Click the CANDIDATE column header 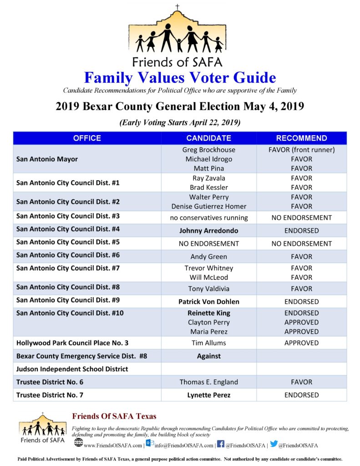208,138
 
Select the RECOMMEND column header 301,138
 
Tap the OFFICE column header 87,138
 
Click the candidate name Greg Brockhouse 208,150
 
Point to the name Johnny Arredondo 208,231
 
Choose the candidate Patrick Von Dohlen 208,302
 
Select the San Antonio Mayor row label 47,159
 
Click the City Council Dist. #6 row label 68,255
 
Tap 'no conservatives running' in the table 208,218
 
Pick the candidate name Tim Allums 208,343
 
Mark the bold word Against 208,356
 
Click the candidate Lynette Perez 208,395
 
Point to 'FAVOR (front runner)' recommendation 301,150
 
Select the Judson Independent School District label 72,369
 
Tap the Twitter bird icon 274,444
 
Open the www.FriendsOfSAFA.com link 113,445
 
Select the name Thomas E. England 208,382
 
